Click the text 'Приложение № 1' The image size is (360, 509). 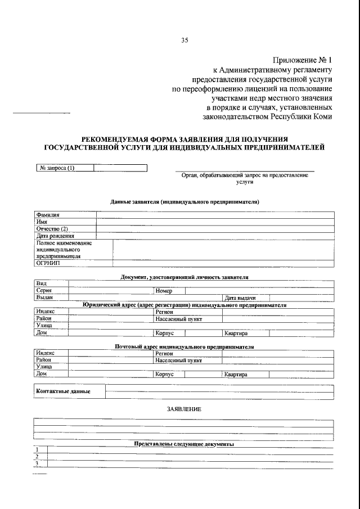point(303,59)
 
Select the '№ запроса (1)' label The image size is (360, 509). point(56,168)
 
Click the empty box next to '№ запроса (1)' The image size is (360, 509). point(120,168)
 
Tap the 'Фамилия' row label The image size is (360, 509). point(48,214)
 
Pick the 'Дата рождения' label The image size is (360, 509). point(55,236)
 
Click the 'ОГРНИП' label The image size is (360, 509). point(48,263)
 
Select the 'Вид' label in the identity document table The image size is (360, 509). point(40,283)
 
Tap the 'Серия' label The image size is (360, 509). point(44,291)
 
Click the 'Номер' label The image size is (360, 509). point(164,291)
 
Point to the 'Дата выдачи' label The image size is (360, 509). point(240,298)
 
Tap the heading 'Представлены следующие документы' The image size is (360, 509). point(184,444)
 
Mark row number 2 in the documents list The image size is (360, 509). point(37,457)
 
